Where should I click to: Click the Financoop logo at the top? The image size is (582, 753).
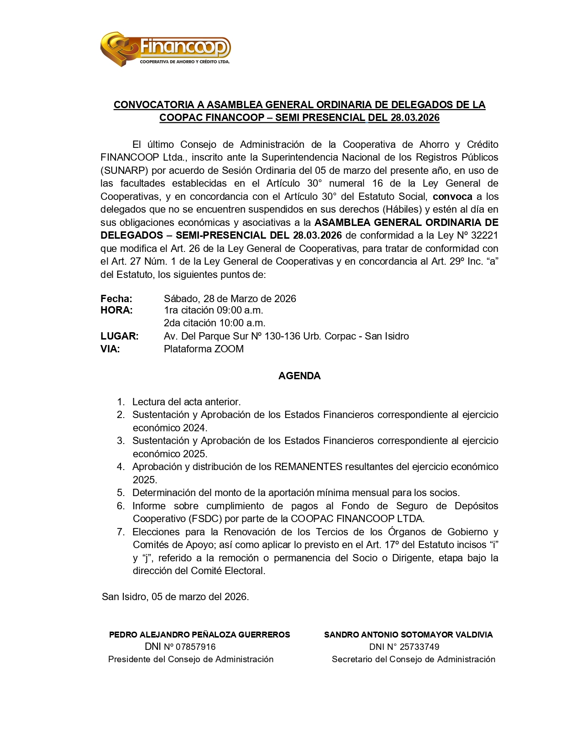click(x=165, y=49)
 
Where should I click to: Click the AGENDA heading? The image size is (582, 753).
click(x=299, y=376)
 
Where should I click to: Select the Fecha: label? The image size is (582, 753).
click(x=116, y=298)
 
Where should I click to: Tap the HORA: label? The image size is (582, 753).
click(x=116, y=310)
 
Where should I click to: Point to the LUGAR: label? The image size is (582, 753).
click(x=120, y=336)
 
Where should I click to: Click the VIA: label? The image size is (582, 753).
click(x=110, y=349)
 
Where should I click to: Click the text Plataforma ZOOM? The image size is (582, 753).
click(x=204, y=349)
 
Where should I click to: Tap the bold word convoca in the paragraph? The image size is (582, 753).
click(x=452, y=197)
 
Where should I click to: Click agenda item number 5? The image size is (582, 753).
click(x=121, y=493)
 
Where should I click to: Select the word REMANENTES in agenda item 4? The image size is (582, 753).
click(x=308, y=467)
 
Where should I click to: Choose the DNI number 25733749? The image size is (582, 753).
click(x=419, y=647)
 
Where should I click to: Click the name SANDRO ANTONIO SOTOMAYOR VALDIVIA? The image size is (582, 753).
click(x=408, y=635)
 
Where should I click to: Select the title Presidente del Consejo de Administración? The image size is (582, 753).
click(x=191, y=659)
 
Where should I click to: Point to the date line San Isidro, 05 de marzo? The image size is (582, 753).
click(x=175, y=597)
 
